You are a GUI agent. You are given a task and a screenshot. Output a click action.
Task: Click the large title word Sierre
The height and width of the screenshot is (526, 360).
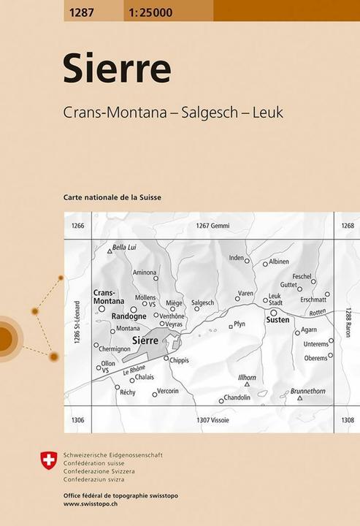click(117, 69)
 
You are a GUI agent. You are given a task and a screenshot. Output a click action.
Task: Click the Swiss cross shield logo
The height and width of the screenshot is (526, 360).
click(48, 460)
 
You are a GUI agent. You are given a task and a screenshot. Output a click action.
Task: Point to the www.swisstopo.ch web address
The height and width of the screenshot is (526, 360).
click(93, 504)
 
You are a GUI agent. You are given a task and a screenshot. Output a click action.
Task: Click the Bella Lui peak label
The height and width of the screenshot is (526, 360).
click(125, 248)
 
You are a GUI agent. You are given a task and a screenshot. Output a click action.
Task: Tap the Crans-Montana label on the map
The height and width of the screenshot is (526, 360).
click(109, 297)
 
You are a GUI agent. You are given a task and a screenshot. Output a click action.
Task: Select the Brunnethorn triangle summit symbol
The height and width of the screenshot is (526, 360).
click(299, 399)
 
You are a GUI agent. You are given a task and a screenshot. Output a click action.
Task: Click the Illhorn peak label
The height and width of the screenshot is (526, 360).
click(247, 377)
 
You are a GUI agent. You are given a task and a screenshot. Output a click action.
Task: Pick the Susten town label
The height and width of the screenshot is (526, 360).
click(277, 320)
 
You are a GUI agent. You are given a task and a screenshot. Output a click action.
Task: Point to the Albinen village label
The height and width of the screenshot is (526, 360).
click(278, 262)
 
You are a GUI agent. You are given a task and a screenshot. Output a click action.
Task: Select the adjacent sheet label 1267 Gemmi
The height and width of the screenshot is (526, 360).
click(212, 226)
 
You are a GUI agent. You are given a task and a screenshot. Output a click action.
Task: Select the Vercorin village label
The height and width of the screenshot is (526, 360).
click(168, 391)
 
